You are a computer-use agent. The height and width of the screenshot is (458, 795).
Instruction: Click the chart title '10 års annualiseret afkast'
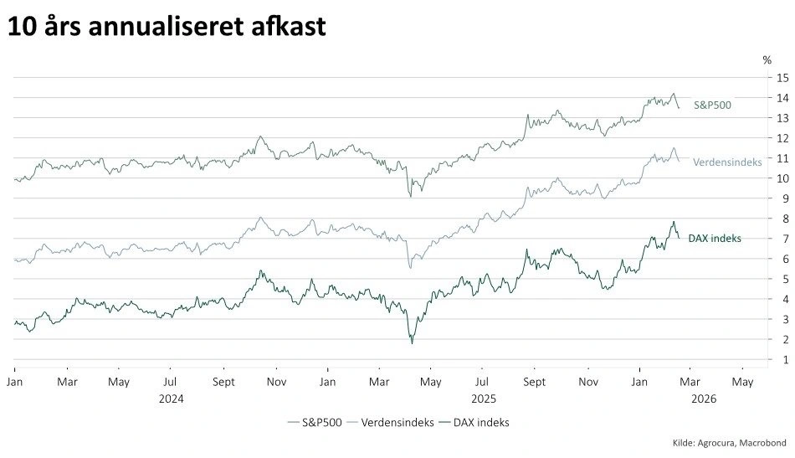(167, 27)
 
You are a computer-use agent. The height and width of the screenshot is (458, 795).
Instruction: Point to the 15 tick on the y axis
(782, 78)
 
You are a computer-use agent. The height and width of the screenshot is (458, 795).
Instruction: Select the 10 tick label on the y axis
(782, 178)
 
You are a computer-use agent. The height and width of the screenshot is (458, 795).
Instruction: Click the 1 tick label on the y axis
(782, 359)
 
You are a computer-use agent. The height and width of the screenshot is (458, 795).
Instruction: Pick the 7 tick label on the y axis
(782, 239)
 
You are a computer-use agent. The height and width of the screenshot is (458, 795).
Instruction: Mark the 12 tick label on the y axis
(782, 138)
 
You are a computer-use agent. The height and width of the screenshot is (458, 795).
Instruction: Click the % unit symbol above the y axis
(767, 59)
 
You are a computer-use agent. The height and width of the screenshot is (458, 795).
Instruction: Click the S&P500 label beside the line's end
(713, 105)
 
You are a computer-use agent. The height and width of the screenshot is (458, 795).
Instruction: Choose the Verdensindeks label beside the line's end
(727, 162)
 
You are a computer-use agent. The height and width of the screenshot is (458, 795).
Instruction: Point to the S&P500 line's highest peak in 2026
(674, 94)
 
